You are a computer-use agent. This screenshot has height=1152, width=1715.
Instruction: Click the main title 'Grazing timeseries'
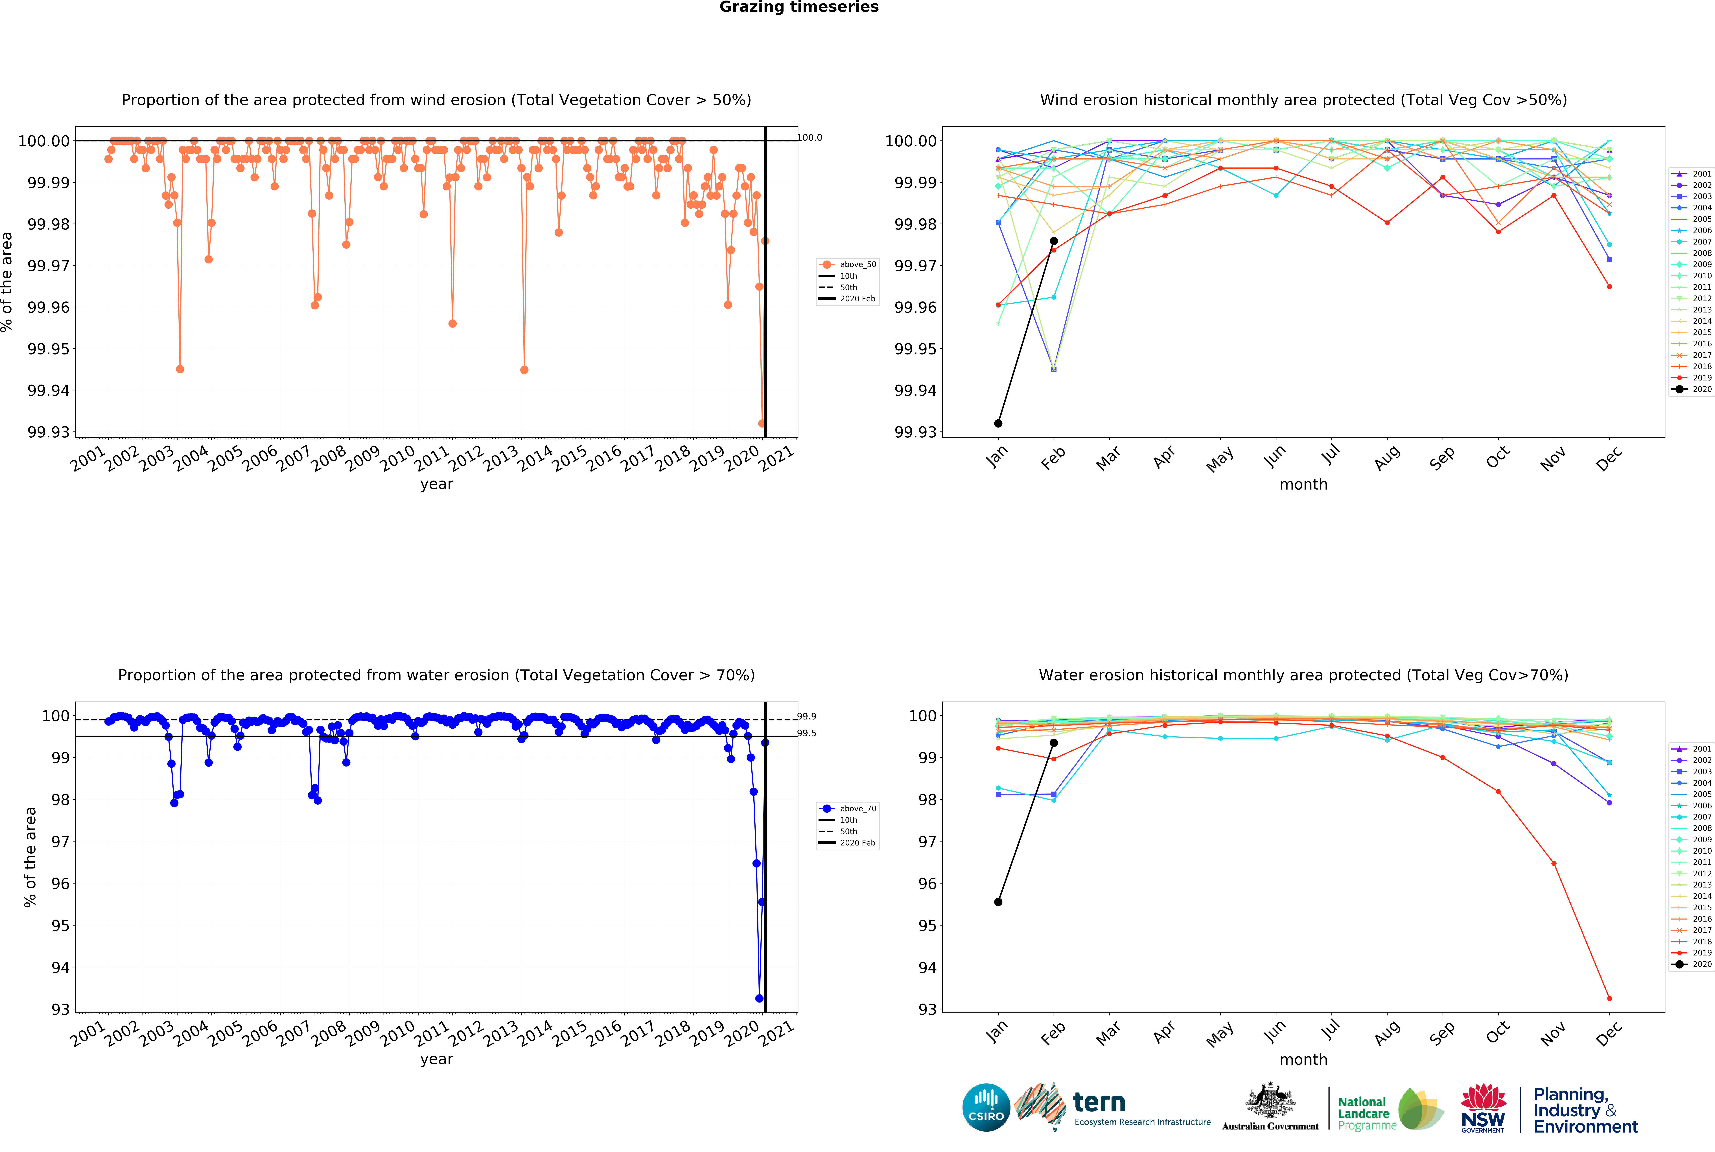[798, 7]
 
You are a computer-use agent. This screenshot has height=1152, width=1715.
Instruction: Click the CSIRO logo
[986, 1107]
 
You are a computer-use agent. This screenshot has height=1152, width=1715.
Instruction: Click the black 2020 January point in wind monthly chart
[997, 423]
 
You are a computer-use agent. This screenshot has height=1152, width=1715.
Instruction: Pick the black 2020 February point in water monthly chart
[1053, 743]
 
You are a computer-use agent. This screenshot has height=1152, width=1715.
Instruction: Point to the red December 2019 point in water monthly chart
[1609, 998]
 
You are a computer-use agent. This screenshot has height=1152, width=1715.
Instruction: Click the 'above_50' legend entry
[857, 265]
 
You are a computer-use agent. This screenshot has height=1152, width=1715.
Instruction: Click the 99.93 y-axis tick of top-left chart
[49, 432]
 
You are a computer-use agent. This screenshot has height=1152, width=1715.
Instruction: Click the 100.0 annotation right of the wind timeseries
[809, 137]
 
